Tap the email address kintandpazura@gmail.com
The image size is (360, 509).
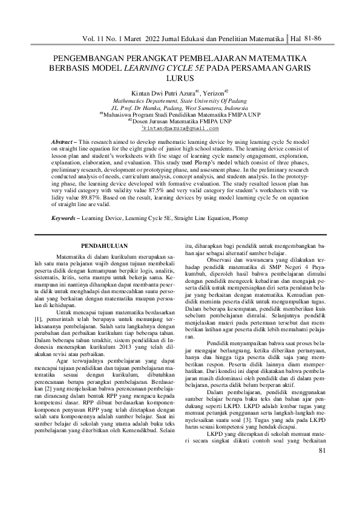(x=180, y=128)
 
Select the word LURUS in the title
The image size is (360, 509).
(x=179, y=78)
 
